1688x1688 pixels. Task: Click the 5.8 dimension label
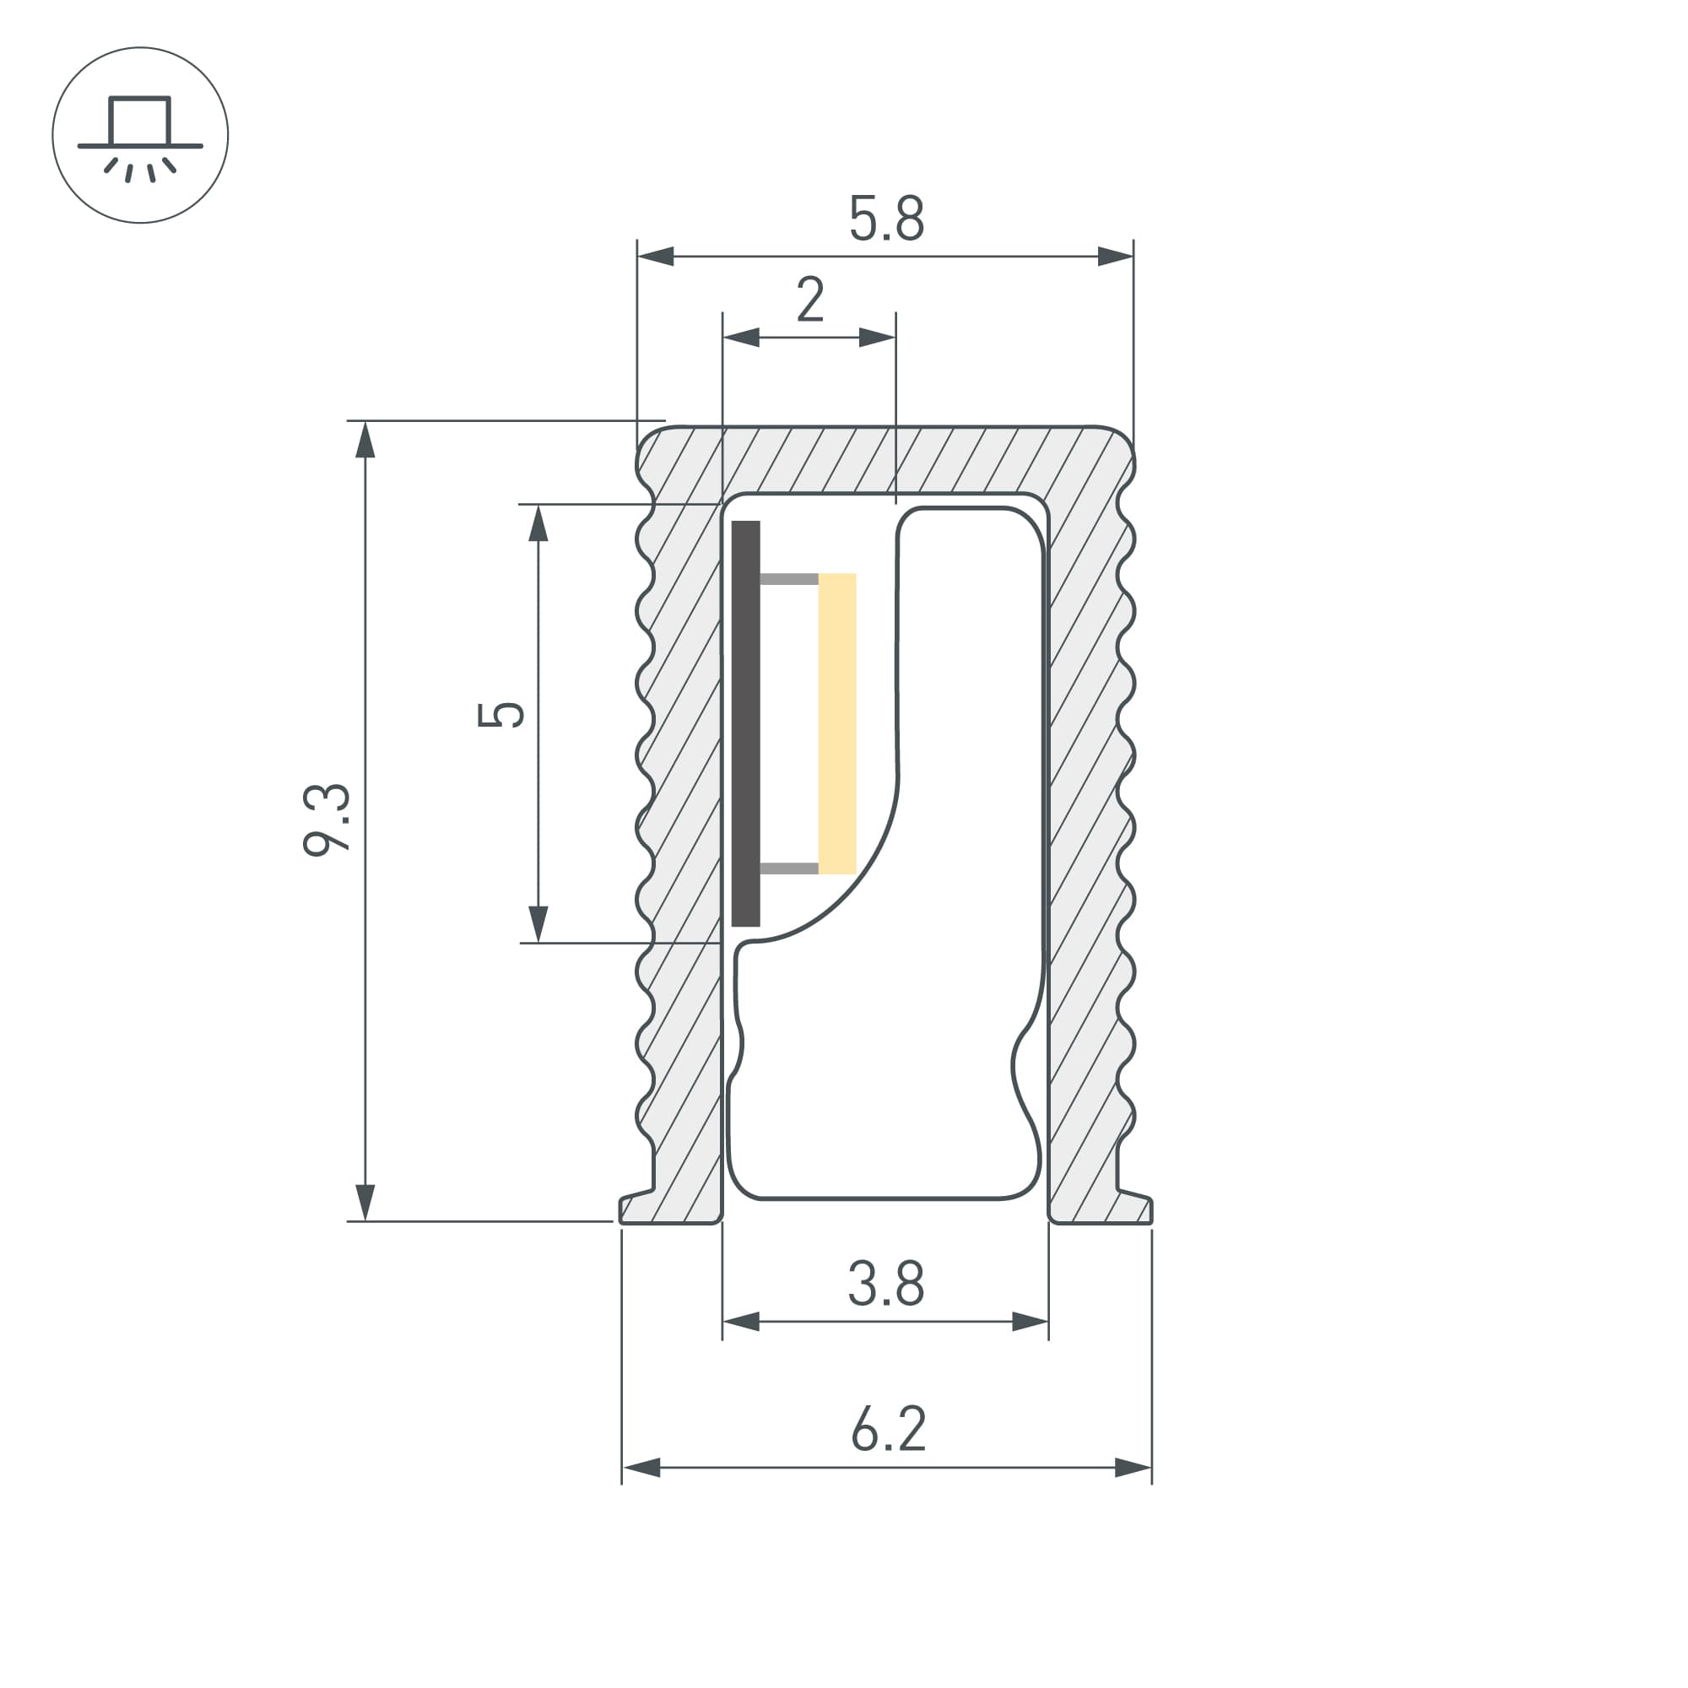[x=886, y=219]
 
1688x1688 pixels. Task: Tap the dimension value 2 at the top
[x=810, y=300]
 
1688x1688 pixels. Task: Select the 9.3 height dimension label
[x=326, y=820]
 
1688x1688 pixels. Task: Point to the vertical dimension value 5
[x=500, y=714]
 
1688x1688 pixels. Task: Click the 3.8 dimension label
[x=885, y=1284]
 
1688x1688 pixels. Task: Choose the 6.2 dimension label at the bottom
[x=888, y=1430]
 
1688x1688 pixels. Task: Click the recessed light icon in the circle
[x=140, y=135]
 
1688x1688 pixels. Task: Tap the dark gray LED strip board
[x=745, y=722]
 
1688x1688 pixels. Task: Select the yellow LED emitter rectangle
[x=837, y=722]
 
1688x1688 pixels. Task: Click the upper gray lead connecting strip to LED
[x=789, y=578]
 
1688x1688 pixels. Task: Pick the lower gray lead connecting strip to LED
[x=789, y=868]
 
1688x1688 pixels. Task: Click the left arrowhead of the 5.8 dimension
[x=655, y=257]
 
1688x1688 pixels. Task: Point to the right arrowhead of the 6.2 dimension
[x=1133, y=1468]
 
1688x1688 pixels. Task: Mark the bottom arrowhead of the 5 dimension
[x=538, y=924]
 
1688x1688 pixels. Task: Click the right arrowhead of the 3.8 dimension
[x=1030, y=1322]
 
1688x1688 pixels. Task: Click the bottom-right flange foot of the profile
[x=1101, y=1209]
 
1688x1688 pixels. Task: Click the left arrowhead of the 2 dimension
[x=741, y=338]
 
